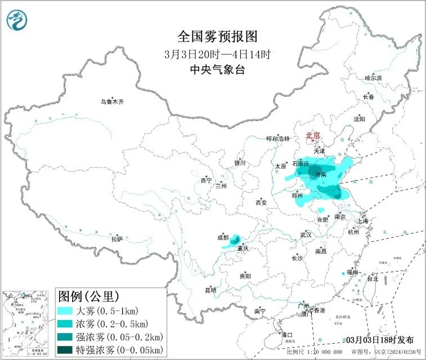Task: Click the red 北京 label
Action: (313, 136)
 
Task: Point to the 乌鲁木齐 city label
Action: (111, 102)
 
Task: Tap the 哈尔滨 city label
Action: (373, 78)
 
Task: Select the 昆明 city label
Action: (210, 290)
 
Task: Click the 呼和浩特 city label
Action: (277, 138)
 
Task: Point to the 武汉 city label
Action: (306, 235)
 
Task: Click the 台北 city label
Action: (373, 278)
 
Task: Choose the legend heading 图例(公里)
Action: (88, 296)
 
